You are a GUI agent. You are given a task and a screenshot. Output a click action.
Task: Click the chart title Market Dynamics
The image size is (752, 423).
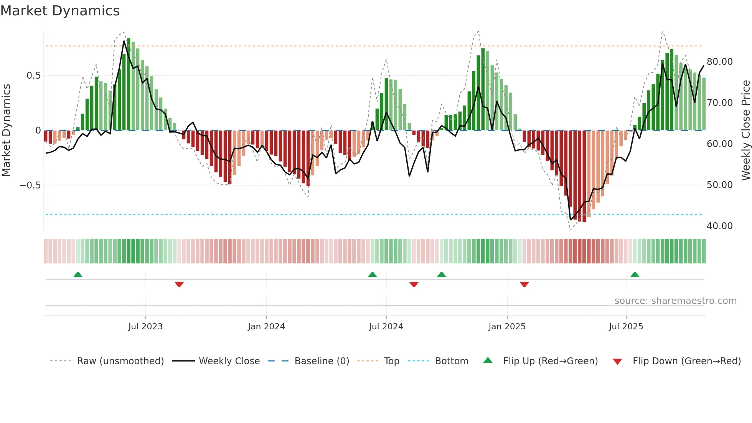[x=60, y=11]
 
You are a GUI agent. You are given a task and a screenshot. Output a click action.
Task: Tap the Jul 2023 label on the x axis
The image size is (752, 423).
[x=145, y=327]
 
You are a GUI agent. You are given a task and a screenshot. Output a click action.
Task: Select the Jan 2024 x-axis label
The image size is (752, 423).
[x=266, y=327]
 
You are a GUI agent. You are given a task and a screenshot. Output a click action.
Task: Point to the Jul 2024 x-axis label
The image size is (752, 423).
[x=386, y=327]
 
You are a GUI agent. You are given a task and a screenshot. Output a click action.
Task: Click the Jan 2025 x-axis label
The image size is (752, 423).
[x=507, y=327]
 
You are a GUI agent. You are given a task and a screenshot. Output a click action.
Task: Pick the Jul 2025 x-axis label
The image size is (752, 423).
[x=626, y=327]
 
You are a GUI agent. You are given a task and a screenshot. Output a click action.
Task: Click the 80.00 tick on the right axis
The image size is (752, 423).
[x=719, y=62]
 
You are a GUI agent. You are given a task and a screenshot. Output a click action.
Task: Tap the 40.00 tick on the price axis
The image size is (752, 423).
[x=719, y=226]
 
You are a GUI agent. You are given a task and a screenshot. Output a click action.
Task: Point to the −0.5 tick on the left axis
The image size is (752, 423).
[x=30, y=185]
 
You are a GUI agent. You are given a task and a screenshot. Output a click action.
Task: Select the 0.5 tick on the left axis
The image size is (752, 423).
[x=33, y=76]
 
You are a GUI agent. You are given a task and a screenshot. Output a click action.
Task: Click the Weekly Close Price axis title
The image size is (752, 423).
[x=745, y=130]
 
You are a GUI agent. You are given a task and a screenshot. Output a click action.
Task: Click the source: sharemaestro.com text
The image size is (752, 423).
[x=675, y=301]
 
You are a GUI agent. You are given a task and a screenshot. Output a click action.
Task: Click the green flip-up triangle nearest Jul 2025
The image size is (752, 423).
[x=635, y=274]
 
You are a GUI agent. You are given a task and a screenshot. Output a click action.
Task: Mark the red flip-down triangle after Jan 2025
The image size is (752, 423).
[x=524, y=284]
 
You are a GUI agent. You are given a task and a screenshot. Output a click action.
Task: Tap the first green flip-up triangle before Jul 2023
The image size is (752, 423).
[x=78, y=274]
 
